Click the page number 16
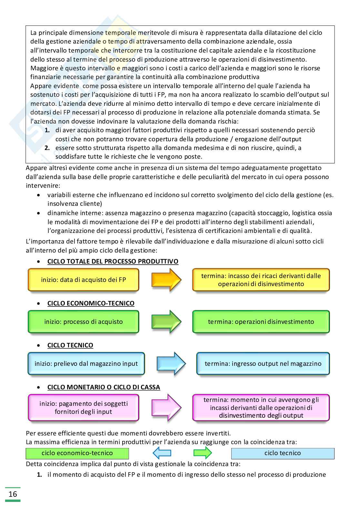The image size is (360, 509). tap(13, 494)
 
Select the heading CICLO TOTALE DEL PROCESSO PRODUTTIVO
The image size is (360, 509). tap(113, 261)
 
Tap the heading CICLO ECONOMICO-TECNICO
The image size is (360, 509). tap(91, 303)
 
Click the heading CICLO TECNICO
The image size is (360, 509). tap(70, 345)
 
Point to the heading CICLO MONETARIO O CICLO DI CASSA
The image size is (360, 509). tap(104, 387)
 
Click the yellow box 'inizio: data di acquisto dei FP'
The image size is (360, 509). tap(83, 280)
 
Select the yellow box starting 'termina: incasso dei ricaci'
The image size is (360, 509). tap(261, 280)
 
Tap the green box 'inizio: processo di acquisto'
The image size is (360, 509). tap(83, 322)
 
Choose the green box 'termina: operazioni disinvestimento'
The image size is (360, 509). tap(261, 322)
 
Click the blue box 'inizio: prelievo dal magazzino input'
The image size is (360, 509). tap(86, 364)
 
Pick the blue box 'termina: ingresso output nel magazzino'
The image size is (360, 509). tap(263, 364)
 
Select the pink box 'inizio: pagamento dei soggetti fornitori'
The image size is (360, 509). tap(83, 408)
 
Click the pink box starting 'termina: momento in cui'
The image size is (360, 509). tap(261, 408)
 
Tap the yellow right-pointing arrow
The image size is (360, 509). tap(166, 279)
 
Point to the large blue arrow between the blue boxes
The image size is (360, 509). tap(171, 364)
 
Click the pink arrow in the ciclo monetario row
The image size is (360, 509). tap(166, 408)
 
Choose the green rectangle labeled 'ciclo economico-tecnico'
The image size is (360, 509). tap(77, 453)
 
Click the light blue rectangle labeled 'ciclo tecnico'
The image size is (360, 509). tap(283, 453)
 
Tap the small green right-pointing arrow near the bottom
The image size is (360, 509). tap(203, 453)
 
